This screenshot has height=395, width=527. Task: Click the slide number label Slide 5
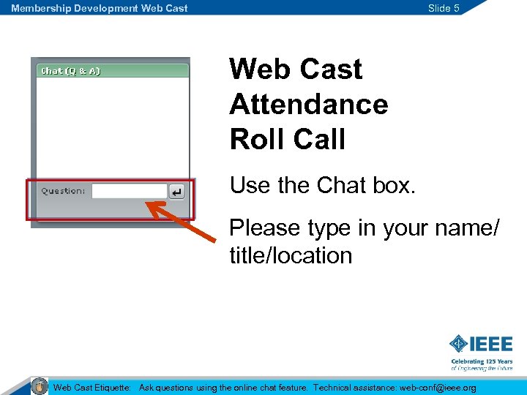click(444, 8)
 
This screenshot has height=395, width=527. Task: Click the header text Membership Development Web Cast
click(99, 8)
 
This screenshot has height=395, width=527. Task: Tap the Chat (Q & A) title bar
click(113, 71)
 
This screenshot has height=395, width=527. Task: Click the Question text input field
click(130, 191)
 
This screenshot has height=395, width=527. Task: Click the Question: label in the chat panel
click(63, 191)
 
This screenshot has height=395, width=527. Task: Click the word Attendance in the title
click(308, 104)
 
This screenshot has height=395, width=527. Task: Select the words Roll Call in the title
click(287, 139)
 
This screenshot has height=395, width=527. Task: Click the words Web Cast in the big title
click(295, 69)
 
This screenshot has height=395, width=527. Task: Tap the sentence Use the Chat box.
click(322, 186)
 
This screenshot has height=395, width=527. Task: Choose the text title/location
click(291, 256)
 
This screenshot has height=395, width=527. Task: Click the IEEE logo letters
click(491, 344)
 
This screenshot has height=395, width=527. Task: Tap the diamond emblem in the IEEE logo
click(458, 344)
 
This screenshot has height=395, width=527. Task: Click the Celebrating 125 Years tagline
click(481, 361)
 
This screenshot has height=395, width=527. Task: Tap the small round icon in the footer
click(40, 385)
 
